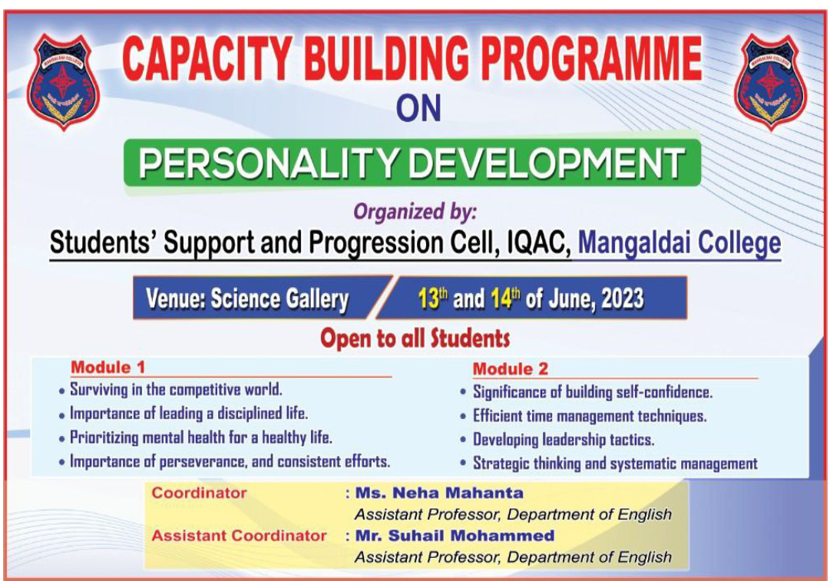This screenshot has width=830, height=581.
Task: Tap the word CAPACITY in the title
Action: pos(207,58)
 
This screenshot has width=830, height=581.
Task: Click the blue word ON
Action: pos(418,108)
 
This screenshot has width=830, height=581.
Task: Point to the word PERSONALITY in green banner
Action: pos(267,163)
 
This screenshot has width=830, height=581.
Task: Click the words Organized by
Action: pos(415,212)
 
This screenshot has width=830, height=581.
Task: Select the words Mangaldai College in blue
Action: pos(680,243)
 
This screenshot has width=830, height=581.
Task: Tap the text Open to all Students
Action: pos(415,338)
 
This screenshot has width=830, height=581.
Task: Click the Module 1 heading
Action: pos(108,367)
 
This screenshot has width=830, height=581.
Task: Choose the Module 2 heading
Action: pos(511,369)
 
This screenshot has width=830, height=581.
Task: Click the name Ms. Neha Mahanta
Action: pos(439,494)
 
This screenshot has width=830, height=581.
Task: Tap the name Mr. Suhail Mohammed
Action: pos(455,536)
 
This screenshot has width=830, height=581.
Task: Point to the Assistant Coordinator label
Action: pos(239,536)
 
